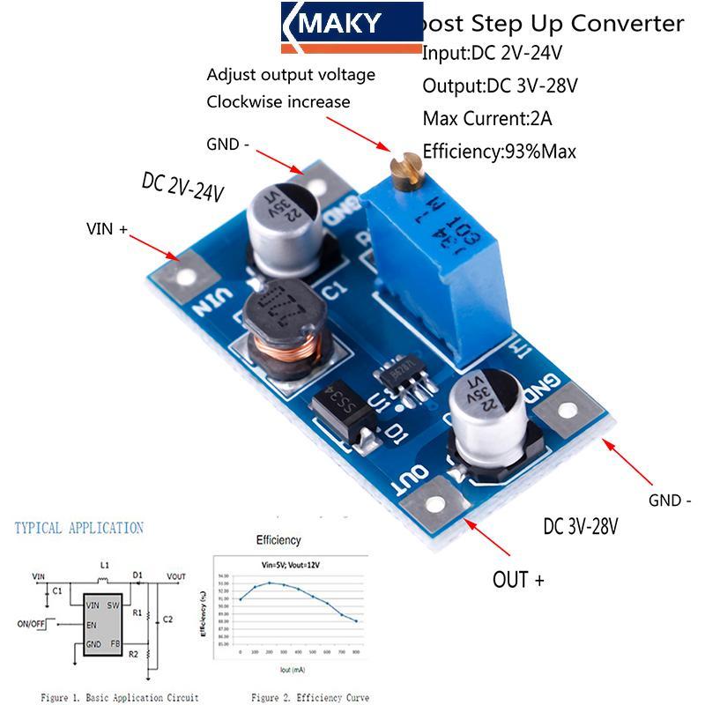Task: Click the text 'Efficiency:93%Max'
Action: pos(499,151)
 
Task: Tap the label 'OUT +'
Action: pos(518,579)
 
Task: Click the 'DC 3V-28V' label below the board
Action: pos(581,527)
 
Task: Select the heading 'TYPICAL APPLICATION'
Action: pos(78,528)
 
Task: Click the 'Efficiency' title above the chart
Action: pos(278,539)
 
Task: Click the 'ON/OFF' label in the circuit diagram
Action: pos(34,622)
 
